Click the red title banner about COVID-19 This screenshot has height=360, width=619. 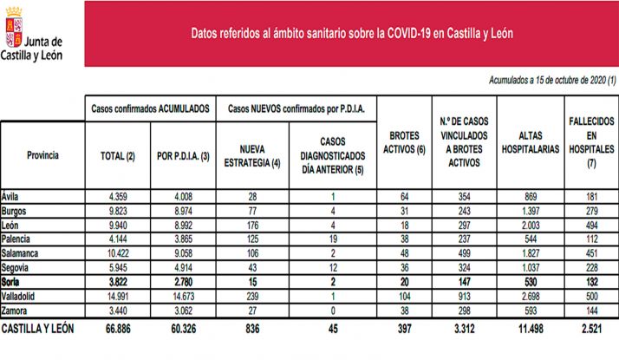[351, 33]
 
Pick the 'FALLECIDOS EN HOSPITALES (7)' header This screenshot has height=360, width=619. [592, 139]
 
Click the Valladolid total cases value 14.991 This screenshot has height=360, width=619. [117, 296]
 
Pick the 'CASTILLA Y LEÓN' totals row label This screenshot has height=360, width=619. [40, 330]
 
